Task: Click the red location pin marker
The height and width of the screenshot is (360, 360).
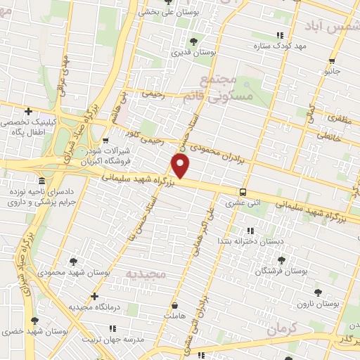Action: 181,167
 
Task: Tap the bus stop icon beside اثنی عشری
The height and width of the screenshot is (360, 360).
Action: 243,191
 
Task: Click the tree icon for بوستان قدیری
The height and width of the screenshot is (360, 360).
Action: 194,40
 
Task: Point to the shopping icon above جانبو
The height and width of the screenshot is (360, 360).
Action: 332,60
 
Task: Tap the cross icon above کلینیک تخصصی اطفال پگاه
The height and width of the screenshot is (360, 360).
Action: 28,111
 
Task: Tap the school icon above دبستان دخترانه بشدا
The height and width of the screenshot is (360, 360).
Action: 250,231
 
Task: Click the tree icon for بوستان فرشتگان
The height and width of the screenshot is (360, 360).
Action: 281,260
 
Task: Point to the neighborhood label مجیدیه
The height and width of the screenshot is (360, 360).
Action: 147,272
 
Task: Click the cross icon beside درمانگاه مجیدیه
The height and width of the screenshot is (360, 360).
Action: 95,297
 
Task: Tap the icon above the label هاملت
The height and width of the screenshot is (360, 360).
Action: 174,307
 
